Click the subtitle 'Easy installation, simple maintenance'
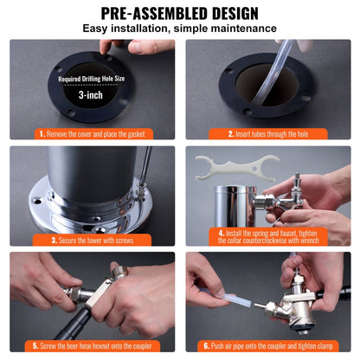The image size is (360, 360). (179, 29)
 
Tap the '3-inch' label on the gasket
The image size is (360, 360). (92, 95)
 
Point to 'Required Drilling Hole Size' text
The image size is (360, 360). (92, 79)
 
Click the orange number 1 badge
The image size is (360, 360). (42, 134)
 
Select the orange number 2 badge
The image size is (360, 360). (232, 134)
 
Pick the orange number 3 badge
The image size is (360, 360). (54, 240)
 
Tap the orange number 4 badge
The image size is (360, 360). (222, 233)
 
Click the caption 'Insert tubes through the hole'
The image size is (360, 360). (273, 134)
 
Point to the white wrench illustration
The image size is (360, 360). (227, 166)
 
